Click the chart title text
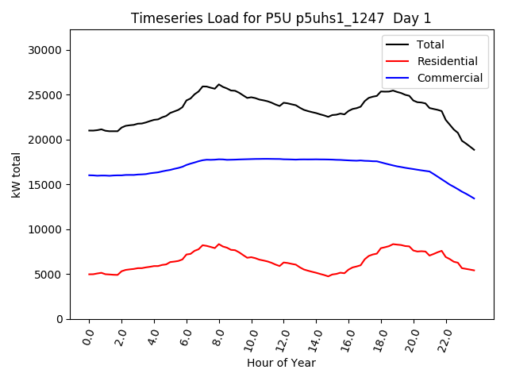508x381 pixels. (282, 18)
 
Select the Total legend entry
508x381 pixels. (430, 44)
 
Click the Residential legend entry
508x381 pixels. (447, 61)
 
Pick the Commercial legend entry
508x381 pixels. (449, 78)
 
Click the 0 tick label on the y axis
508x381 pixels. (60, 319)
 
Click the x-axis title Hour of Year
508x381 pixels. (281, 363)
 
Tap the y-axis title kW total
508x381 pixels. (16, 175)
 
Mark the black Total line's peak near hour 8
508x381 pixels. (219, 84)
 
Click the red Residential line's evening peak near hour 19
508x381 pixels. (393, 244)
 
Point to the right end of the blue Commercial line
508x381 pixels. (474, 198)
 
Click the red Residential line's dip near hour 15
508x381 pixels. (329, 276)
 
